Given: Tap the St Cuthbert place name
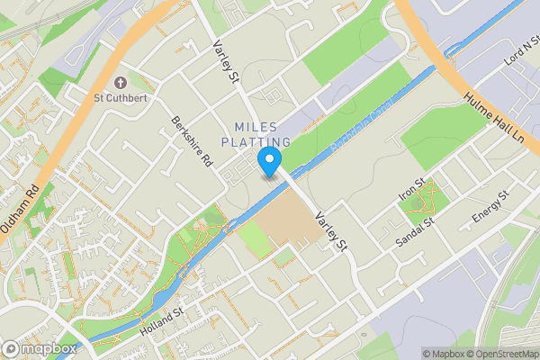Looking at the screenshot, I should click(121, 97).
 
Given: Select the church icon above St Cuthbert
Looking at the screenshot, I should click(121, 82).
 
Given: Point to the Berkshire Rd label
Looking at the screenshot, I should click(193, 142).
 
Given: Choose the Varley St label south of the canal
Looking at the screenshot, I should click(329, 230).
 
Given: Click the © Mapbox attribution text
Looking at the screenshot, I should click(446, 354).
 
